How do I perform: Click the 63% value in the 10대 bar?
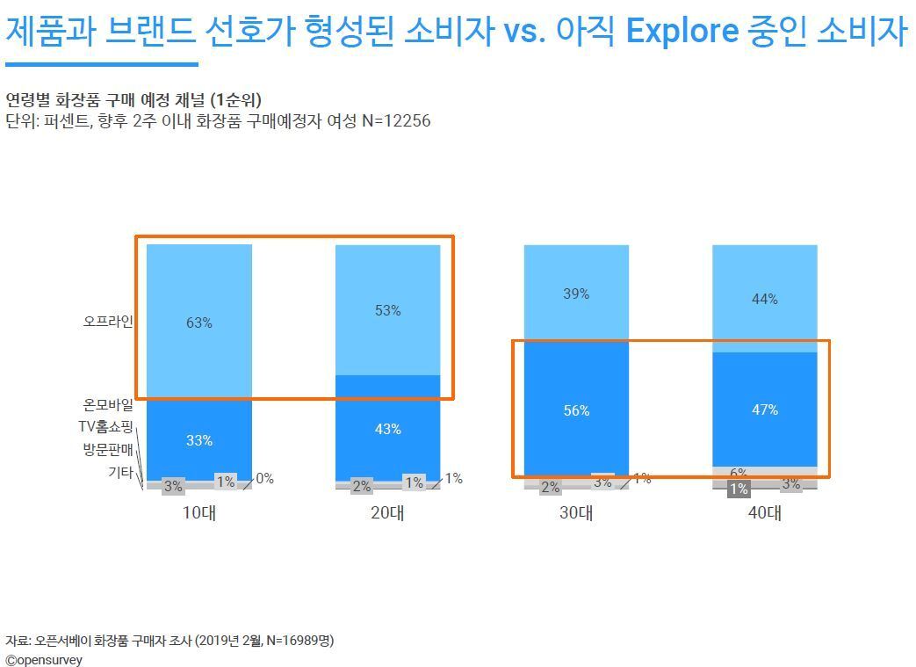pos(199,323)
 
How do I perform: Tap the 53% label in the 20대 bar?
pos(387,310)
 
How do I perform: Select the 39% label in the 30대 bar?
pos(576,294)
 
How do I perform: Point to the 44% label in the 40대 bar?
pos(764,299)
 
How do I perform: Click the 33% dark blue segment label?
pos(199,440)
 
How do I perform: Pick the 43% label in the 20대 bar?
pos(387,429)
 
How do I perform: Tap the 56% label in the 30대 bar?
pos(576,410)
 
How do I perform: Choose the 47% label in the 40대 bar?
pos(764,410)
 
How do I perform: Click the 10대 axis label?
pos(199,513)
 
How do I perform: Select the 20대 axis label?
pos(387,513)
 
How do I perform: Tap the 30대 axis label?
pos(576,513)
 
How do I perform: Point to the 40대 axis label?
pos(764,513)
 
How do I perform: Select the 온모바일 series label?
pos(108,405)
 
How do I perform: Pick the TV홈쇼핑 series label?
pos(105,428)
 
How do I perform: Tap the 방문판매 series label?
pos(108,450)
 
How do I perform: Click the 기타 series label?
pos(120,473)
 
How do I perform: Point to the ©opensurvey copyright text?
pos(44,659)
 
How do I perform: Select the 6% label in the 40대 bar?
pos(738,473)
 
